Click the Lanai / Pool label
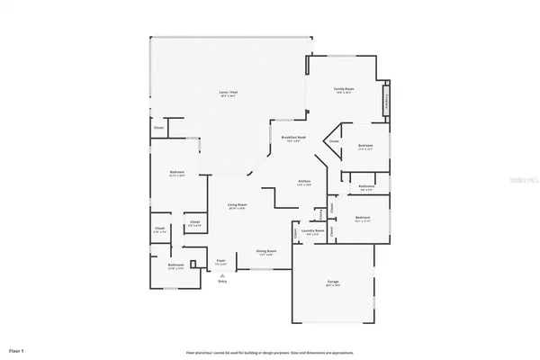pos(229,94)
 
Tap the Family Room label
pos(344,90)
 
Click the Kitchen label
pos(304,183)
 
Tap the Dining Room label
pos(266,252)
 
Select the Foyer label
pos(220,263)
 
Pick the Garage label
pos(333,283)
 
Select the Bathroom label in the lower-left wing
pos(175,265)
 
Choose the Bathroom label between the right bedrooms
pos(366,188)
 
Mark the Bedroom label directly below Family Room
pos(364,147)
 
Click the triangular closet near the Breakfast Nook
pos(333,141)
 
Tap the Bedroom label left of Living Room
pos(176,173)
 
